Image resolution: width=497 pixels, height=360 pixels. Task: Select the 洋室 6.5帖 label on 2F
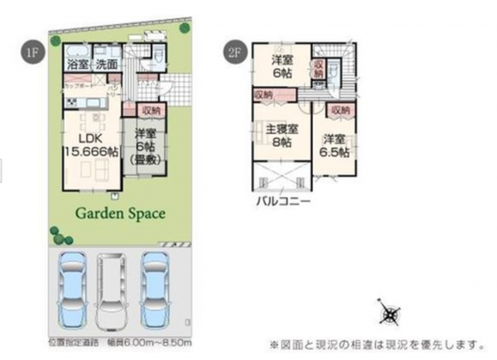pyautogui.click(x=334, y=145)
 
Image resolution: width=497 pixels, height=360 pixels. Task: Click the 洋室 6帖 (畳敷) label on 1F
pyautogui.click(x=144, y=147)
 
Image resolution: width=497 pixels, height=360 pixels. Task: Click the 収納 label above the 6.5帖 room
pyautogui.click(x=338, y=110)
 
